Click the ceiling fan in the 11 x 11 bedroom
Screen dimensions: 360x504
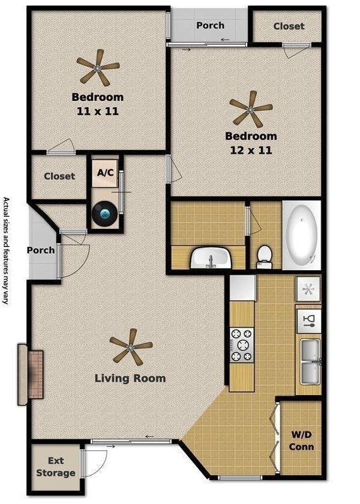[x=98, y=68]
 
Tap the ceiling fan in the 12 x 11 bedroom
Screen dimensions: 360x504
[x=251, y=109]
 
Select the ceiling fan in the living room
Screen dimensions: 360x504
[x=131, y=347]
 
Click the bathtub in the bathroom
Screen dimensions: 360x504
[x=302, y=235]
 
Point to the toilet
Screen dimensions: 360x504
[x=264, y=257]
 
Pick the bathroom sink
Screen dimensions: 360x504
[x=211, y=258]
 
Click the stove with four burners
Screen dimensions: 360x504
[x=241, y=345]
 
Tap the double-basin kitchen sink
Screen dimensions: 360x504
[x=310, y=362]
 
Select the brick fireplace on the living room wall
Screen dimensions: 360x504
[x=31, y=374]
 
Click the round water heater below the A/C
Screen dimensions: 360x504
[x=105, y=213]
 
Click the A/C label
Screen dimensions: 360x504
[x=105, y=173]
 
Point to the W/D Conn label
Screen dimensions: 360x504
[x=301, y=440]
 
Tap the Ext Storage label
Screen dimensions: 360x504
[x=55, y=467]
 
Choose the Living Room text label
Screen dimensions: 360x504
[x=131, y=379]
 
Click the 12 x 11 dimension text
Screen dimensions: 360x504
[x=251, y=150]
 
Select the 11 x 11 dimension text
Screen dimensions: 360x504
[x=98, y=112]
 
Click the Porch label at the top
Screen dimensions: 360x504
[x=211, y=25]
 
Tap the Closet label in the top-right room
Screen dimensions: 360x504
[x=289, y=26]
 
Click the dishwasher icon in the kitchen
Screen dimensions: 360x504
[x=308, y=321]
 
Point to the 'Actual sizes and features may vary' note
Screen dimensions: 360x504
[x=6, y=251]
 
